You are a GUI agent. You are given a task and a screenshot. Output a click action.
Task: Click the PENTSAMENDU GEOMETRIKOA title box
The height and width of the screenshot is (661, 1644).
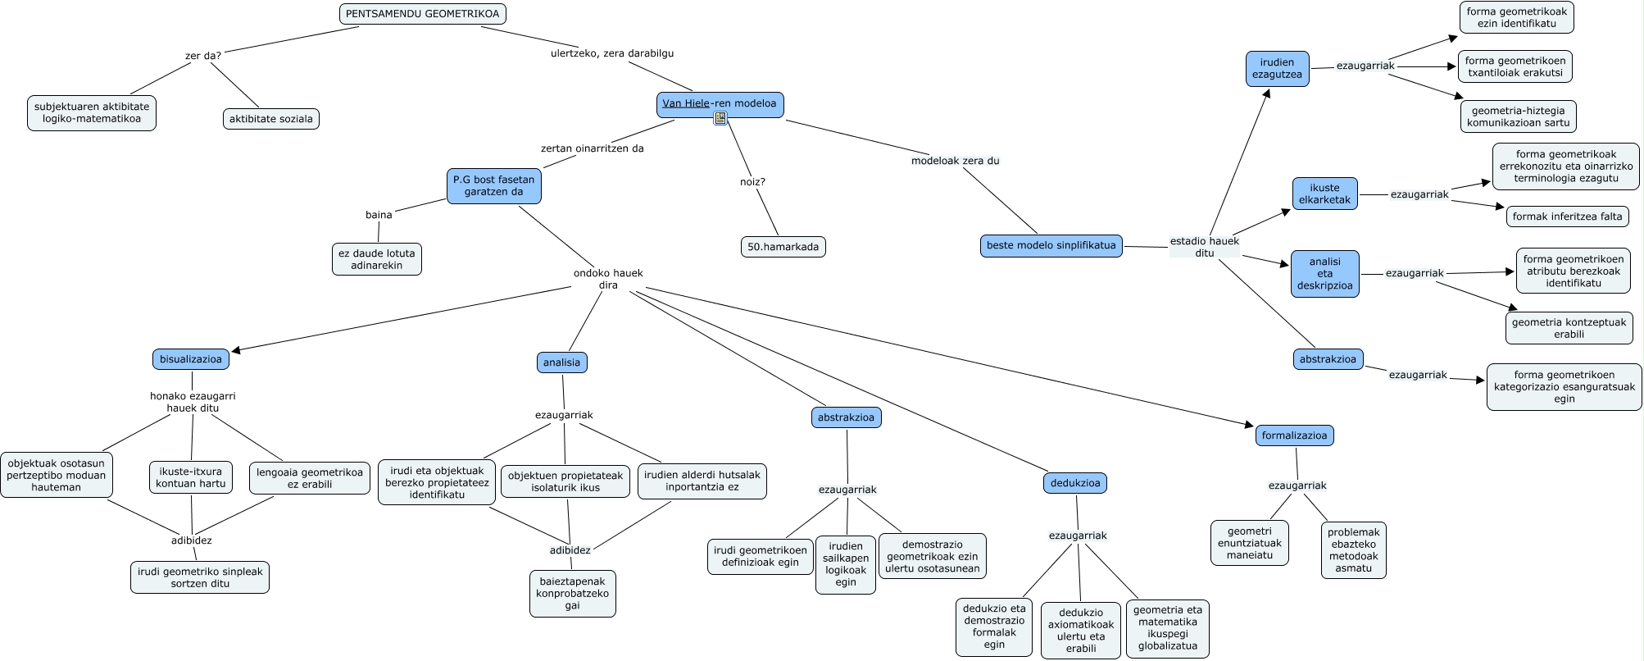tap(422, 14)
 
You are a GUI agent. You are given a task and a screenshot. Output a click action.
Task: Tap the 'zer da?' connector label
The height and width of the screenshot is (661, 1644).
tap(203, 56)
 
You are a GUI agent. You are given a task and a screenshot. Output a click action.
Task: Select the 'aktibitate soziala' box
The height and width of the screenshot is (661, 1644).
tap(270, 119)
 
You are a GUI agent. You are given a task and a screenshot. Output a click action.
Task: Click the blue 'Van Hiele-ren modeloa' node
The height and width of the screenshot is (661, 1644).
tap(720, 104)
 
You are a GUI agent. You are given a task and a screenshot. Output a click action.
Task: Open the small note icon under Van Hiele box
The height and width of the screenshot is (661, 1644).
tap(720, 119)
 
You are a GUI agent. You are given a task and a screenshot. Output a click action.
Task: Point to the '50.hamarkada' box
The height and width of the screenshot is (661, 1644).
tap(783, 247)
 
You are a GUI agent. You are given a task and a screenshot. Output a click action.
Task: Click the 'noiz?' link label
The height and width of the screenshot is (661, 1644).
tap(752, 182)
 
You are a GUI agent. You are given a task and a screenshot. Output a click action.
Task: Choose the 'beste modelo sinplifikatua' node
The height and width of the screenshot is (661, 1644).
tap(1051, 245)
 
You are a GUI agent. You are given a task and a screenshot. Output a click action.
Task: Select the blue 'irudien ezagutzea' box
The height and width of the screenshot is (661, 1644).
tap(1277, 68)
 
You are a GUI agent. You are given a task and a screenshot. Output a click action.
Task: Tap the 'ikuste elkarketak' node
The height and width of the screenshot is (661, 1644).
tap(1324, 194)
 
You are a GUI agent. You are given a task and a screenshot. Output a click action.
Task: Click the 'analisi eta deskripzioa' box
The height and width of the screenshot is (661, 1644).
tap(1324, 274)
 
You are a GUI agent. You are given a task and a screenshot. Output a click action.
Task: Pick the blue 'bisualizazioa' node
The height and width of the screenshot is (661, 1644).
tap(190, 359)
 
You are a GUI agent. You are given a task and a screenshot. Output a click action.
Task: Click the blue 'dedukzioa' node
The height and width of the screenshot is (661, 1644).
tap(1074, 483)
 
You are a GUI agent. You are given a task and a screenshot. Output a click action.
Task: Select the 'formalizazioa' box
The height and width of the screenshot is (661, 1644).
tap(1294, 435)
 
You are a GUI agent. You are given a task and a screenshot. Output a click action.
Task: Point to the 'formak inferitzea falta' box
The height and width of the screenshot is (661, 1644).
tap(1567, 217)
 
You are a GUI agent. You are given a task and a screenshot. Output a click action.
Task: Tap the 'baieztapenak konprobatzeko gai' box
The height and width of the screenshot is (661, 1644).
tap(572, 594)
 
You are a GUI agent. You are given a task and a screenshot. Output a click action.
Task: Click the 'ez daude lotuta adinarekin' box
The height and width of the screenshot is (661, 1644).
tap(376, 259)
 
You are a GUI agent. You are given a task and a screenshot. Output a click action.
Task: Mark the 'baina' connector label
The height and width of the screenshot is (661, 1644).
tap(379, 215)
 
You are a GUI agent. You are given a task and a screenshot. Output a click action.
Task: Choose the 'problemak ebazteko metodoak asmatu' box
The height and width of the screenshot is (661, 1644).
tap(1353, 549)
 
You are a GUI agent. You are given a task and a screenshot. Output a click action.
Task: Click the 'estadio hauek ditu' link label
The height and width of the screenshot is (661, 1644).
tap(1204, 247)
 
